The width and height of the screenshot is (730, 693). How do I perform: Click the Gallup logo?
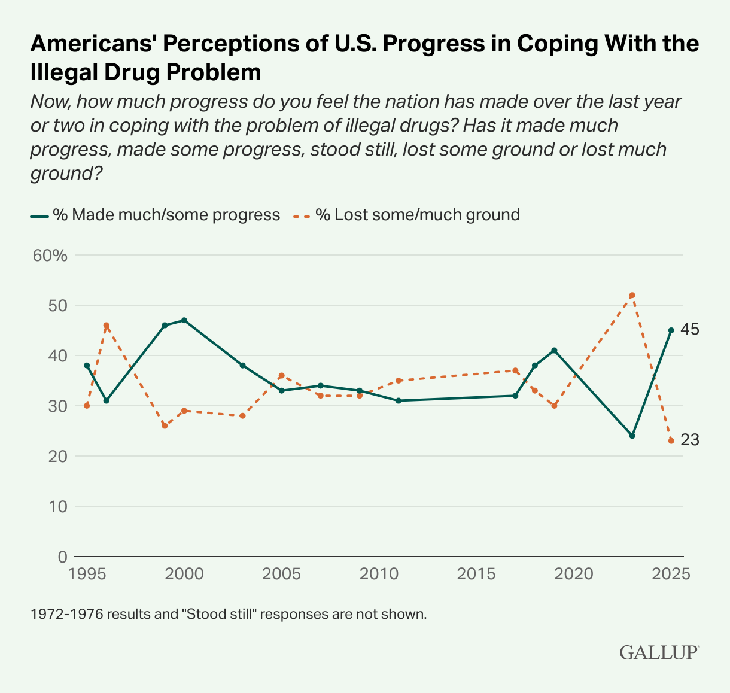(x=659, y=652)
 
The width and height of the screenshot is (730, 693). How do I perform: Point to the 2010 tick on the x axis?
(x=379, y=574)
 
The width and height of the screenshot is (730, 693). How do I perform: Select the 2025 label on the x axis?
(x=671, y=574)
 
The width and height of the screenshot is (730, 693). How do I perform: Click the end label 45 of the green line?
(x=690, y=330)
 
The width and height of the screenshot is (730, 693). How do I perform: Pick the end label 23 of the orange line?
(x=690, y=440)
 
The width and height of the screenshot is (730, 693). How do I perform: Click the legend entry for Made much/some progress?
(x=156, y=215)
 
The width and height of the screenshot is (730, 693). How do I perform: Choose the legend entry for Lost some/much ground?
(x=406, y=215)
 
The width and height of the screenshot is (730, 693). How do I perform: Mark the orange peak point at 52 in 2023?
(x=632, y=295)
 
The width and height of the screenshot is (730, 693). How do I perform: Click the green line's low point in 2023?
(x=632, y=436)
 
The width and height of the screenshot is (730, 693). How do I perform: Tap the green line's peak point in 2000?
(x=184, y=320)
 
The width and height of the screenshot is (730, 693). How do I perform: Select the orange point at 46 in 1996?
(x=107, y=326)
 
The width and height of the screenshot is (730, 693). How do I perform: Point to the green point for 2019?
(x=554, y=350)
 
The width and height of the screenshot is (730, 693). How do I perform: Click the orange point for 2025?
(x=671, y=440)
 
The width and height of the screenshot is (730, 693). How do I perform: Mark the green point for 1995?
(x=87, y=365)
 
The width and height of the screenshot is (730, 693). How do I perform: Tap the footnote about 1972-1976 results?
(x=229, y=615)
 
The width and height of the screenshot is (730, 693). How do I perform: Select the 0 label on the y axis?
(x=62, y=557)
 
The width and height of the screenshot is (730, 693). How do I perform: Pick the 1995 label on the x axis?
(x=87, y=574)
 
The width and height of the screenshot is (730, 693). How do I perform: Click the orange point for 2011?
(x=399, y=381)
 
